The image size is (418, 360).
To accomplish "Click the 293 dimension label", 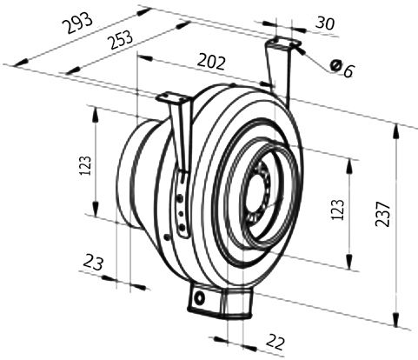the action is (78, 23).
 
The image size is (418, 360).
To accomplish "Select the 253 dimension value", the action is (121, 39).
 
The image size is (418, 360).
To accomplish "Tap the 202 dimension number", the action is (211, 63).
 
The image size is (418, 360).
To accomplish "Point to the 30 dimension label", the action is (325, 23).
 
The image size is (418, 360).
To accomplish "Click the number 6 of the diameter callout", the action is (348, 71).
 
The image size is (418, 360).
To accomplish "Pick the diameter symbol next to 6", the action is (335, 65).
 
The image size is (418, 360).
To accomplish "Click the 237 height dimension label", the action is (382, 214).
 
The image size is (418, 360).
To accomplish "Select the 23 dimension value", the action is (93, 263).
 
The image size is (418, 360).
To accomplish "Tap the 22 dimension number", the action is (275, 343).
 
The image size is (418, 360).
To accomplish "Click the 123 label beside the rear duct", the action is (86, 165).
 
